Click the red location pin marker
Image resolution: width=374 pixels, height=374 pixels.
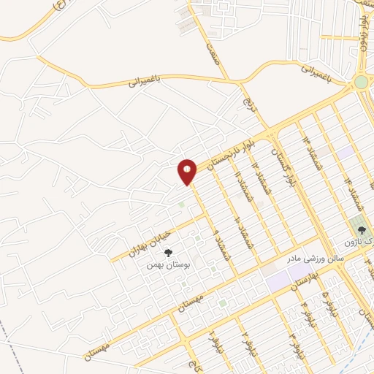(188, 172)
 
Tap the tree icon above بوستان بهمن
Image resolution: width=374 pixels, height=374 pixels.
(169, 253)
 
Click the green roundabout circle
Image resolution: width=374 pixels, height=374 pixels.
(362, 83)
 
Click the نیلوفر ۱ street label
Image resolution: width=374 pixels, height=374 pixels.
(210, 340)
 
